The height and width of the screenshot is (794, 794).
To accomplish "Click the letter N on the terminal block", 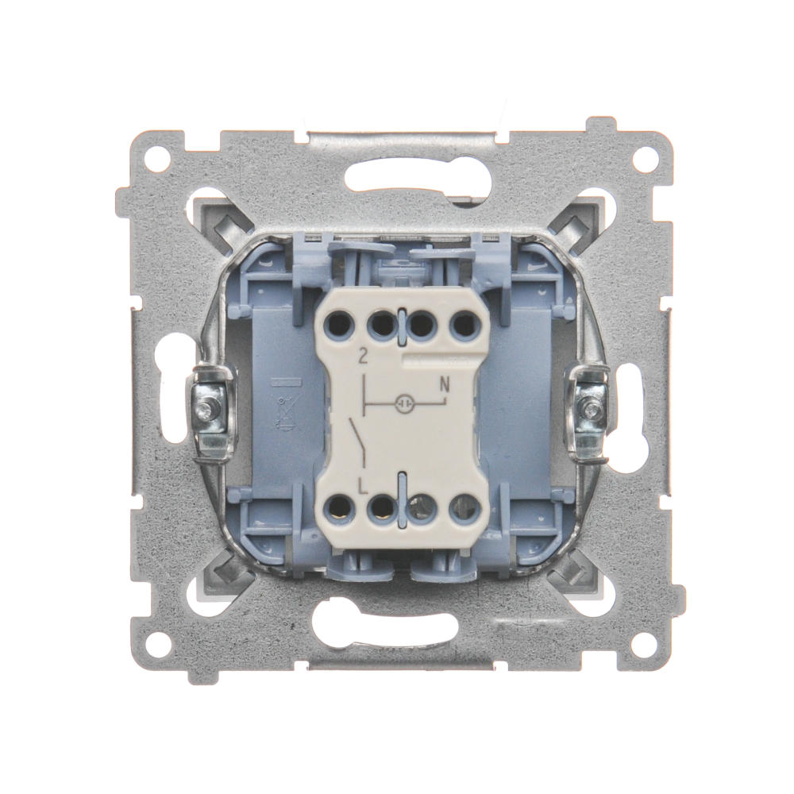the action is pos(445,386).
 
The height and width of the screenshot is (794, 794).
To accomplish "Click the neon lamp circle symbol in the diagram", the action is pos(404,403).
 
